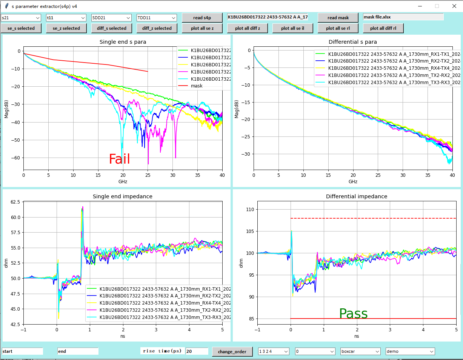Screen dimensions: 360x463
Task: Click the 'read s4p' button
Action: tap(202, 18)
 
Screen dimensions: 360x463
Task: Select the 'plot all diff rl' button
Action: tap(383, 28)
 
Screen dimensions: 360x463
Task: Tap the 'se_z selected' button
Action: tap(66, 28)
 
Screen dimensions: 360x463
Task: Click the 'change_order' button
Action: tap(232, 352)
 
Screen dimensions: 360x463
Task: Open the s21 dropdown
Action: tap(21, 18)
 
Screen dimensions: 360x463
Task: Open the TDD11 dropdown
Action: tap(157, 18)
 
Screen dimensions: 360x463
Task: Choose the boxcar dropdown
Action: tap(360, 351)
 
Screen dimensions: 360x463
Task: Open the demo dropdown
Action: tap(410, 351)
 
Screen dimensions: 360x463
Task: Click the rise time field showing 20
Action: tap(197, 351)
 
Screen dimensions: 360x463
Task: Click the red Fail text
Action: tap(119, 159)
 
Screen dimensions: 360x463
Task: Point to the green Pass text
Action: tap(353, 314)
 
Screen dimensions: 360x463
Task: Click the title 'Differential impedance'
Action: tap(357, 196)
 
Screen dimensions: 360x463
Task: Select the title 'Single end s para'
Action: tap(123, 42)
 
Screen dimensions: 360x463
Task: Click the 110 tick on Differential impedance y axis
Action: tap(248, 209)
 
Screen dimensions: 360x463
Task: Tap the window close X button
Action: tap(454, 6)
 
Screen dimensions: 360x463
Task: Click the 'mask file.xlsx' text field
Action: tap(403, 17)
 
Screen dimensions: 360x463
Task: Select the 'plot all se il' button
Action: tap(292, 28)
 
